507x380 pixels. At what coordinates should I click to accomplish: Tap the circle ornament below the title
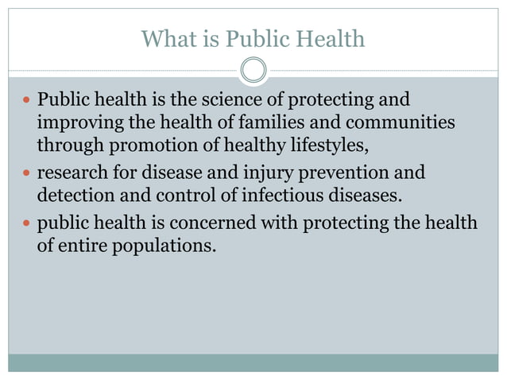click(253, 71)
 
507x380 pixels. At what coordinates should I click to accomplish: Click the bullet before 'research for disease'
click(25, 173)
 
